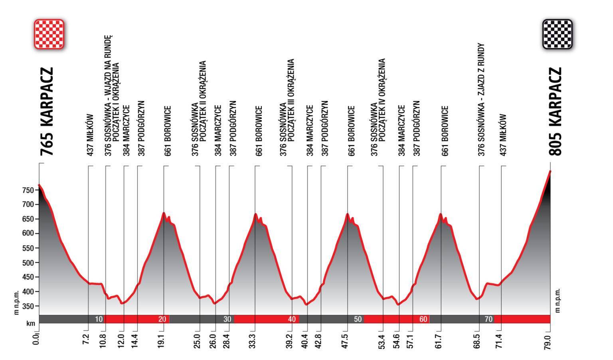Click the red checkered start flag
pos(49,34)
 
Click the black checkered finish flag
pos(557,34)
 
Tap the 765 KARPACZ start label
pos(46,111)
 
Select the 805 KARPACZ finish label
pos(555,111)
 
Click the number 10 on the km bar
pos(99,319)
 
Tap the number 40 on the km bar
pos(292,319)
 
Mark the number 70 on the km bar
pos(488,319)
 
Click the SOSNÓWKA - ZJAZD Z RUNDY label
pos(481,100)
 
